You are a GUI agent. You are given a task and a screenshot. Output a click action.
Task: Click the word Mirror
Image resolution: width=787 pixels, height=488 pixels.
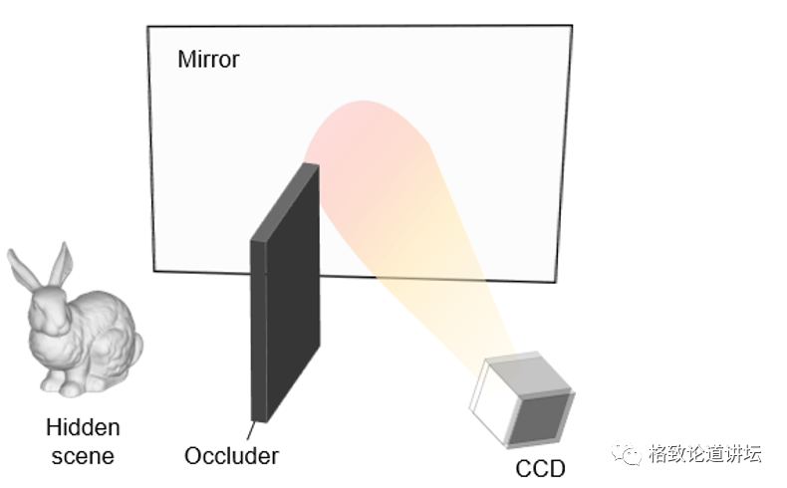pos(208,59)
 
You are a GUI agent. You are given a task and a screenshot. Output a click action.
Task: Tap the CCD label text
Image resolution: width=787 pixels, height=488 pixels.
pos(540,468)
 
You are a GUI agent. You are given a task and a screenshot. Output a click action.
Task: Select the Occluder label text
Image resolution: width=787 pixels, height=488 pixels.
pos(231,456)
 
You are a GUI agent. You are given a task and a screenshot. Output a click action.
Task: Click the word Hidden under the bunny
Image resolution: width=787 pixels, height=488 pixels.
pos(83,428)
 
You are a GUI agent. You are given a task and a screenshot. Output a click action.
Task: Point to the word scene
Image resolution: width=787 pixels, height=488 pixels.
pos(83,456)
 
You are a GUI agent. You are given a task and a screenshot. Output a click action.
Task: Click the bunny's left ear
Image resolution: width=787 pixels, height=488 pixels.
pos(23,267)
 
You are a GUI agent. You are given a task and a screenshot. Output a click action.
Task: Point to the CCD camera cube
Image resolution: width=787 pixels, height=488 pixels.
pos(522,397)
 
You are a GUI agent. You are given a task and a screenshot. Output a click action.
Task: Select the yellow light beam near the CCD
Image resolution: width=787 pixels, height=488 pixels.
pos(448,299)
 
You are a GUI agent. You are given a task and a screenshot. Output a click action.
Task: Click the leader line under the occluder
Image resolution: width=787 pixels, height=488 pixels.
pos(260,431)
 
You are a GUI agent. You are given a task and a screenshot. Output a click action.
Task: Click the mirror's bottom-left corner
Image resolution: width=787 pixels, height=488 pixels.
pos(155,269)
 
